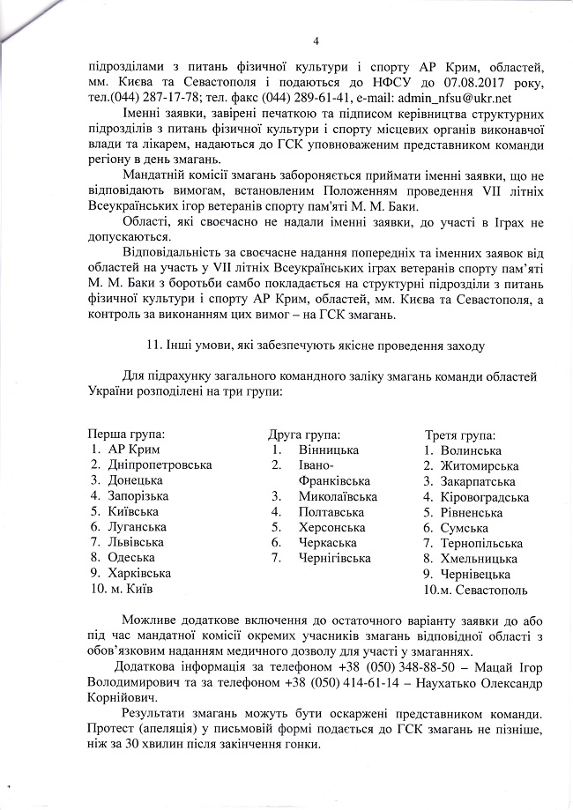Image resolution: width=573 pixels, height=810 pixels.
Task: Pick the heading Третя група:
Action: click(x=460, y=435)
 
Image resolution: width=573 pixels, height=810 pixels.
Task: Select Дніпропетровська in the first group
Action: click(x=160, y=464)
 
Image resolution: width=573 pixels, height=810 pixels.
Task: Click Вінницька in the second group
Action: click(x=328, y=450)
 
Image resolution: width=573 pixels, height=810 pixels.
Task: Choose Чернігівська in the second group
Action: click(x=334, y=558)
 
